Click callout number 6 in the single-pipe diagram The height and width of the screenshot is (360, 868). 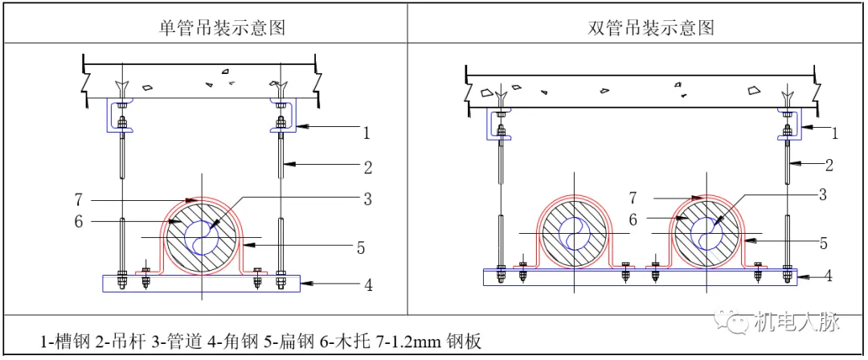79,221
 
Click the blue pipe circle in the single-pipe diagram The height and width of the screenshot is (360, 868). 202,236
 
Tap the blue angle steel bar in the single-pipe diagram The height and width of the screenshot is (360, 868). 201,283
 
